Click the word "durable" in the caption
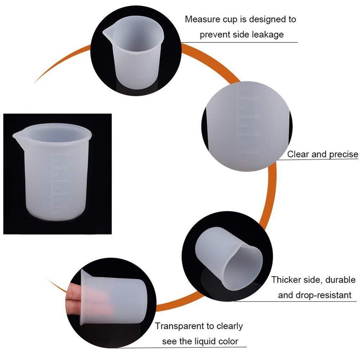click(336, 280)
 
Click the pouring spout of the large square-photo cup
click(15, 135)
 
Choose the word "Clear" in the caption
click(298, 154)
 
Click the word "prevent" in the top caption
click(213, 35)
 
